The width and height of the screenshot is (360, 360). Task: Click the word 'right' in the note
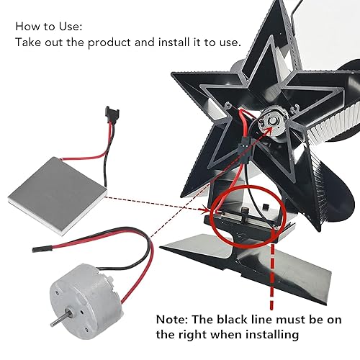(x=221, y=336)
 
